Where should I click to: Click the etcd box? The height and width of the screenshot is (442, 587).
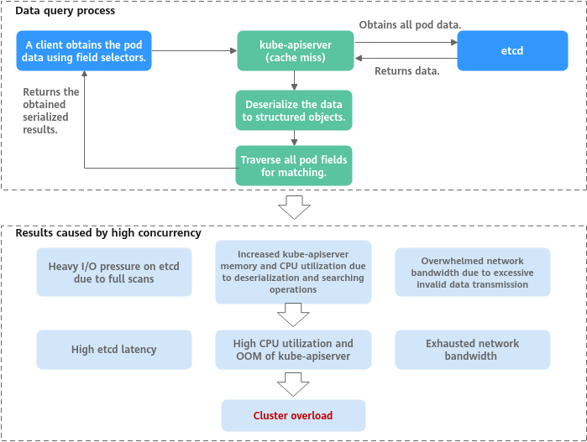[x=512, y=50]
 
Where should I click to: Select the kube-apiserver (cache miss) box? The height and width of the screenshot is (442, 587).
[x=293, y=51]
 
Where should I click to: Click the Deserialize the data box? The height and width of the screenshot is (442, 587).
[x=293, y=111]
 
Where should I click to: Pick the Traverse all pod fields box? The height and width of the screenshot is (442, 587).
[x=293, y=165]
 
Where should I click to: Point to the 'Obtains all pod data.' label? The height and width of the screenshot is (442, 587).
[x=410, y=25]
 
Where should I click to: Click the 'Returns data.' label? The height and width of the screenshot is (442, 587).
[x=406, y=71]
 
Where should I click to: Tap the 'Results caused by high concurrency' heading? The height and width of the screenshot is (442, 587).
[x=108, y=232]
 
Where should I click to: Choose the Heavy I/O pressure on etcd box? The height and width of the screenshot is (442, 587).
[x=113, y=272]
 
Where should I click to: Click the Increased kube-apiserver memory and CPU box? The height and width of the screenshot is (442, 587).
[x=293, y=272]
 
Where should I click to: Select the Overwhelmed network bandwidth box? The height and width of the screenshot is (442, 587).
[x=473, y=272]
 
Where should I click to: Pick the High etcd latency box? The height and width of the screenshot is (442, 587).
[x=113, y=350]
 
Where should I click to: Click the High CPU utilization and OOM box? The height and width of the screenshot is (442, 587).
[x=293, y=350]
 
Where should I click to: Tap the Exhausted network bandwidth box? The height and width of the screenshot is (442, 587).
[x=473, y=350]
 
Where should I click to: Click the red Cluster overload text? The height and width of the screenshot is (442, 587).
[x=293, y=415]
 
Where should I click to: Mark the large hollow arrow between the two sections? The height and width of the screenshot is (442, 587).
[x=293, y=206]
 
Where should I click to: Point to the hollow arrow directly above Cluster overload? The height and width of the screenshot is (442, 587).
[x=293, y=384]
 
